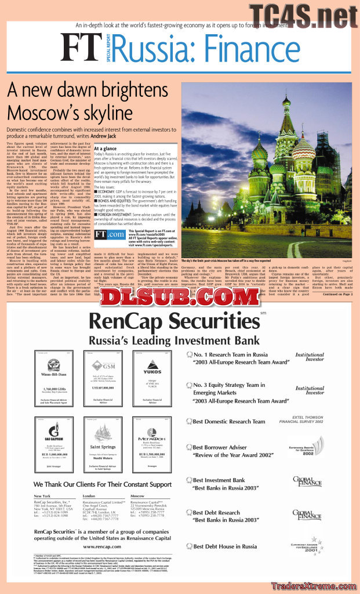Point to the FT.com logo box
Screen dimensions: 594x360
pos(110,234)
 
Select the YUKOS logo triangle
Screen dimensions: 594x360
pos(152,364)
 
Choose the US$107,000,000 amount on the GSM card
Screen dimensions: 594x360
pos(103,387)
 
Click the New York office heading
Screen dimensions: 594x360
pos(42,496)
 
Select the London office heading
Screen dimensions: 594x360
pos(89,496)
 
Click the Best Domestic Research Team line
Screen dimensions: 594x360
pos(229,422)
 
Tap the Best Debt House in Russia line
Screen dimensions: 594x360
pos(225,546)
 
